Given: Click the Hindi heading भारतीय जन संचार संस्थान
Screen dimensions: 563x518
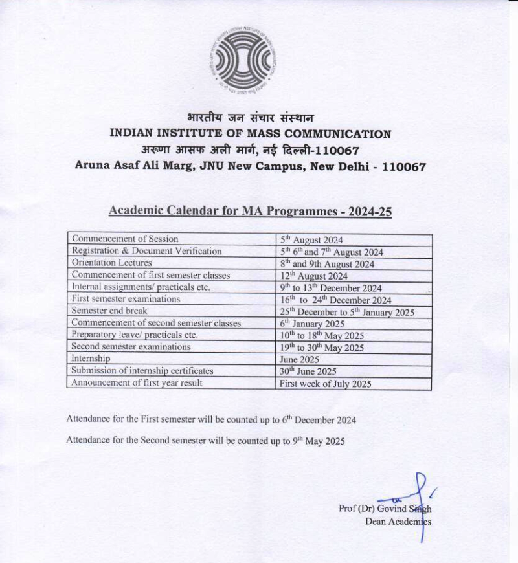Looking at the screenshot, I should tap(250, 118).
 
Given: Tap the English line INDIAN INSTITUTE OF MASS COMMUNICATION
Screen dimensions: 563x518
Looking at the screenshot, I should tap(250, 135).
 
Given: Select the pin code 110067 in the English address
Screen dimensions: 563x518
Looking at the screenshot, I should tap(403, 166).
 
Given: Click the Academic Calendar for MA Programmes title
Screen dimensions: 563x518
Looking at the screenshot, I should tap(250, 211).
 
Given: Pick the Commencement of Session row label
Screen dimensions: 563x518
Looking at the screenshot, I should tap(125, 239).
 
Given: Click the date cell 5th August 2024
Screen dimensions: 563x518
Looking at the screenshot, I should tap(311, 240).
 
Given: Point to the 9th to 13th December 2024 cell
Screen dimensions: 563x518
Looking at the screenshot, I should tap(330, 288).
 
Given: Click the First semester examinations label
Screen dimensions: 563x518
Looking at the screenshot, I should tap(126, 299).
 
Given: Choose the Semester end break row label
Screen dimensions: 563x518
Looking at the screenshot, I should tap(109, 311).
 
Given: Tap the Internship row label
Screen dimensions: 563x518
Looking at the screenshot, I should tap(91, 359).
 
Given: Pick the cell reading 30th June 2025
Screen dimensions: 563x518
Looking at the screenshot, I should tap(308, 371).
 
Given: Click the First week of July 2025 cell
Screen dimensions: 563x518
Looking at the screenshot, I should tap(325, 383).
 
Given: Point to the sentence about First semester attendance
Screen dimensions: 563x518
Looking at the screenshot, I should tap(210, 419).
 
